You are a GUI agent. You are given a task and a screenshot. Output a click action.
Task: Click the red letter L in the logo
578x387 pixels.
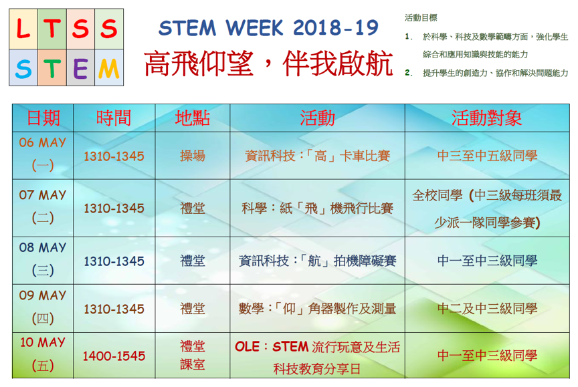(23, 29)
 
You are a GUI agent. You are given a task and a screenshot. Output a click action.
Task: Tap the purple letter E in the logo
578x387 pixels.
(80, 69)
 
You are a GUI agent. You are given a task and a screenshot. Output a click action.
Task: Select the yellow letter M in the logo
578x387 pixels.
(109, 69)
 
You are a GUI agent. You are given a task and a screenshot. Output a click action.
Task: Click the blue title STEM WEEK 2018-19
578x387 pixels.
(268, 27)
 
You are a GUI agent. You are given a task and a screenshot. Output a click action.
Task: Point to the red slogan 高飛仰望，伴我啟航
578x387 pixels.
(268, 63)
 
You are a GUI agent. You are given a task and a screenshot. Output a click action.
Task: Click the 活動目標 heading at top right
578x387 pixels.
(421, 17)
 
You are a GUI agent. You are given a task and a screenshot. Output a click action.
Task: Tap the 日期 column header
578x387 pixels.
(43, 118)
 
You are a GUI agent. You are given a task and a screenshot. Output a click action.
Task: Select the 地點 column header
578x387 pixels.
(193, 118)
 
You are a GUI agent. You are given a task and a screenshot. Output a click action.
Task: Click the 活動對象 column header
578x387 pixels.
(486, 118)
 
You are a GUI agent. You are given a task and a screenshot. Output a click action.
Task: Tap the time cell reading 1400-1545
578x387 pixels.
(114, 356)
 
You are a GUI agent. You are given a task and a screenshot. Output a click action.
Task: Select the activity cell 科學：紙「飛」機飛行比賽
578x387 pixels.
(317, 209)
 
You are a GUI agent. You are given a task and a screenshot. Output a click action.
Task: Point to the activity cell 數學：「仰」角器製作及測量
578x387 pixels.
(317, 309)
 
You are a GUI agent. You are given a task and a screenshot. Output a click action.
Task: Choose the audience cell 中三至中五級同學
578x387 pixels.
(487, 156)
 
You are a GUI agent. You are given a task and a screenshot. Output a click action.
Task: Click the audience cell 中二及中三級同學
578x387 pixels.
(487, 309)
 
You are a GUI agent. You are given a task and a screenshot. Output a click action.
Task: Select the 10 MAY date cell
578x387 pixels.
(43, 354)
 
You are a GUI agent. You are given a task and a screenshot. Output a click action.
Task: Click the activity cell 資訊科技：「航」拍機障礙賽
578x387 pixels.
(317, 261)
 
